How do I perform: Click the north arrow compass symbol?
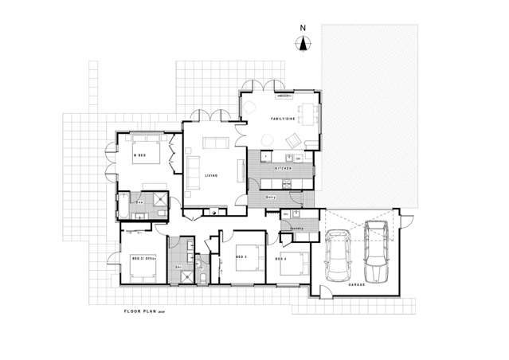[303, 44]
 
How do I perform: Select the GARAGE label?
[358, 283]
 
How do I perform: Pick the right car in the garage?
[375, 245]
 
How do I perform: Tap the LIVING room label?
[211, 175]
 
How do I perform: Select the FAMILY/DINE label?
[284, 119]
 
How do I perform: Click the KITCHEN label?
[285, 170]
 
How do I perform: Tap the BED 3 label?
[240, 257]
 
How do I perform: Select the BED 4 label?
[280, 259]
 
